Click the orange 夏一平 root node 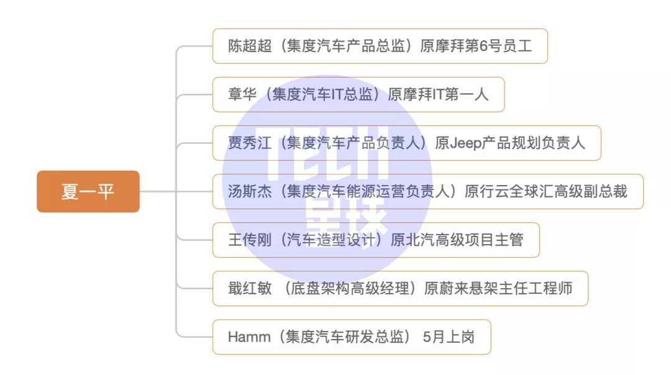88,191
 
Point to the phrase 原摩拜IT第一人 438,94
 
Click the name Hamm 249,337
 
